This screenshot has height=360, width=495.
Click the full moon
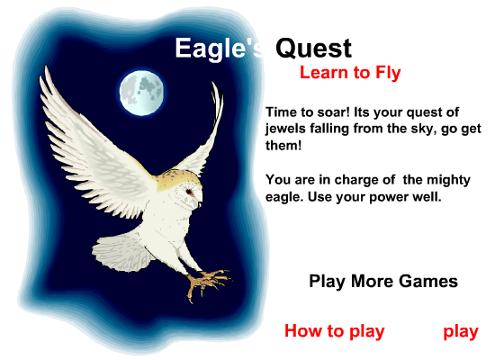point(141,93)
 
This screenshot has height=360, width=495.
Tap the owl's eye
point(189,192)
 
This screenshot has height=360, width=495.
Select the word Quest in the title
point(313,49)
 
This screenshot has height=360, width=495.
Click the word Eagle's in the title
point(219,49)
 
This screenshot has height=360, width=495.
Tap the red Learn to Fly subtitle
point(350,73)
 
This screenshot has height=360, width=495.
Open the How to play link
point(335,331)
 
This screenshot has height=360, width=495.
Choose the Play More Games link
point(383,281)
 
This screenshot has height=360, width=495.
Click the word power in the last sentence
point(389,198)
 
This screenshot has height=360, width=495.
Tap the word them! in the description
point(283,146)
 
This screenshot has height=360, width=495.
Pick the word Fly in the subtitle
point(388,73)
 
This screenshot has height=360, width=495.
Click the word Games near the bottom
point(428,281)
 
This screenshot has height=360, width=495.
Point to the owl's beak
point(200,205)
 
